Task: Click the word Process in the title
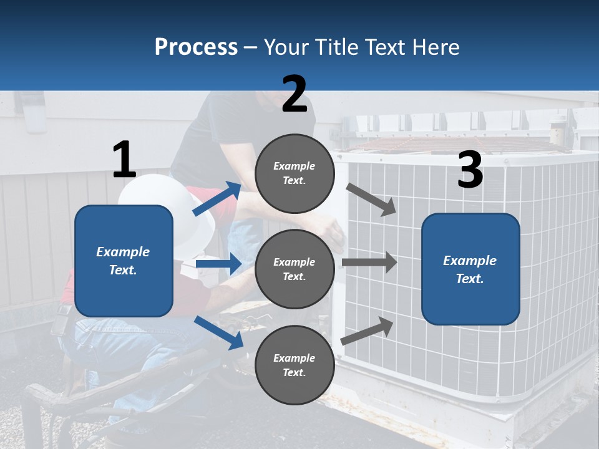click(196, 47)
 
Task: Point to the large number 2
click(295, 94)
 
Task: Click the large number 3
click(470, 169)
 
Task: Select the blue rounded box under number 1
click(124, 261)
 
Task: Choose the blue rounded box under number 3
click(470, 269)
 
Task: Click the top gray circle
click(295, 173)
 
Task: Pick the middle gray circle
click(295, 269)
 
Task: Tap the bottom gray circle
click(295, 365)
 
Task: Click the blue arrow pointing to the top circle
click(217, 198)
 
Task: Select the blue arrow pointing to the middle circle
click(218, 264)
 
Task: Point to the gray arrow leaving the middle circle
click(369, 263)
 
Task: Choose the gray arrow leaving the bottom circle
click(367, 331)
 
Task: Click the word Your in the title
click(286, 47)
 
